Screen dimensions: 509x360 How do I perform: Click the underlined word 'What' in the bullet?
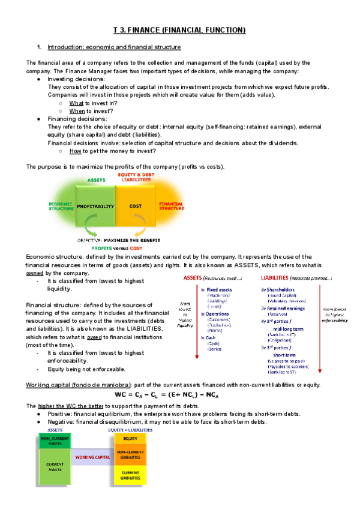pos(75,103)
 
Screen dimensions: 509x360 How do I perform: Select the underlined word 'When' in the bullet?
pos(76,110)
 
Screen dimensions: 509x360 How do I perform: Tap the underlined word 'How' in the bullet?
pos(75,151)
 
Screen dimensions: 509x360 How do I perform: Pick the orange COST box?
pos(135,206)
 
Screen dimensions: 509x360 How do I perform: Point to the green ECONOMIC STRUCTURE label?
pos(60,206)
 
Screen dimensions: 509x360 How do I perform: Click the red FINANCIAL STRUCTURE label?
pos(171,206)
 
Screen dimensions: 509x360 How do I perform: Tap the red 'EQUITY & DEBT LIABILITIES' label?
pos(136,176)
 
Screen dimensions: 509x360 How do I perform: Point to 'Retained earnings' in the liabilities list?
pos(286,309)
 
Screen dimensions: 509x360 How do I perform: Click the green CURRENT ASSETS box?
pos(55,469)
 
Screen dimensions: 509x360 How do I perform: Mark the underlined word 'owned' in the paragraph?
pos(34,273)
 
